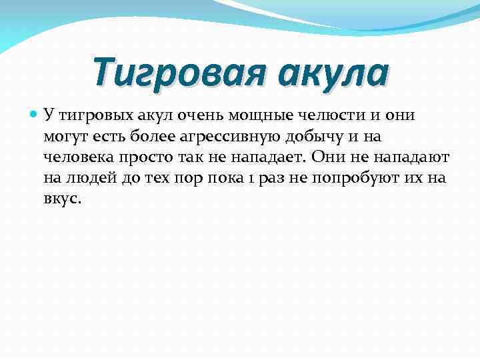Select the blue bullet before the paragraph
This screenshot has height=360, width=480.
coord(34,115)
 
